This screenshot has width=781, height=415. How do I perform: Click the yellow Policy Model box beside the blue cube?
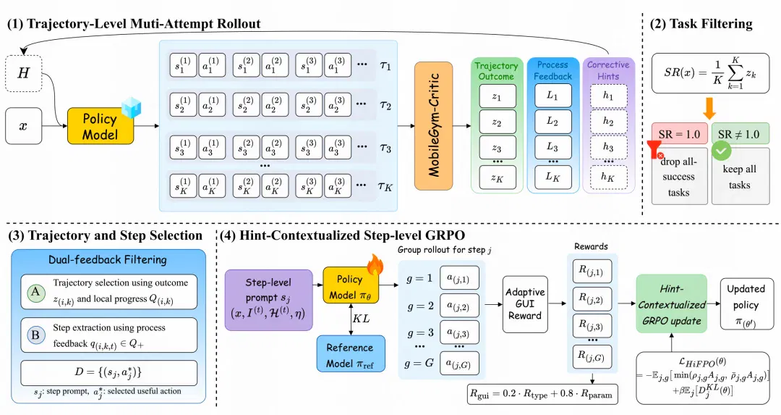tap(100, 126)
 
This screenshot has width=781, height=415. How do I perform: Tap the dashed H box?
tap(23, 74)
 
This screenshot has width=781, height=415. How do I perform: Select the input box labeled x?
tap(23, 126)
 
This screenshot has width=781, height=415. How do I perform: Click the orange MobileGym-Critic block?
tap(433, 126)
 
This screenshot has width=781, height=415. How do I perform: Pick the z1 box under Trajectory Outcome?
tap(497, 97)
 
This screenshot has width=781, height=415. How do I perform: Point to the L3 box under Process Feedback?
tap(553, 147)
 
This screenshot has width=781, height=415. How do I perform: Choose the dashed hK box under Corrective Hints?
tap(608, 177)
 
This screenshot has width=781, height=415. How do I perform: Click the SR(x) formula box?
tap(710, 73)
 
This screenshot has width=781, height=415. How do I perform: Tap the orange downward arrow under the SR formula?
tap(710, 108)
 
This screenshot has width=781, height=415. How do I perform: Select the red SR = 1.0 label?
tap(679, 134)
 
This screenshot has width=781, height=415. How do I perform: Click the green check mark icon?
tap(721, 151)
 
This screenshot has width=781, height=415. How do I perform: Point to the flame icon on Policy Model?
tap(375, 265)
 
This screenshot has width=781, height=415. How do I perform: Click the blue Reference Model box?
tap(351, 355)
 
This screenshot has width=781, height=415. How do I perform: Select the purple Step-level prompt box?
tap(269, 301)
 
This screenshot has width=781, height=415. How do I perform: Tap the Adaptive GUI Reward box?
tap(525, 303)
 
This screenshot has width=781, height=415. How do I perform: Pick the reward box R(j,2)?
tap(592, 299)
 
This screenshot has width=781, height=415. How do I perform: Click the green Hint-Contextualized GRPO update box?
tap(671, 303)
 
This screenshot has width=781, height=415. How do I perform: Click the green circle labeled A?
tap(35, 293)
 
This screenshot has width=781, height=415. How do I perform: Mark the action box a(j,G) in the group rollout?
tap(459, 364)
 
